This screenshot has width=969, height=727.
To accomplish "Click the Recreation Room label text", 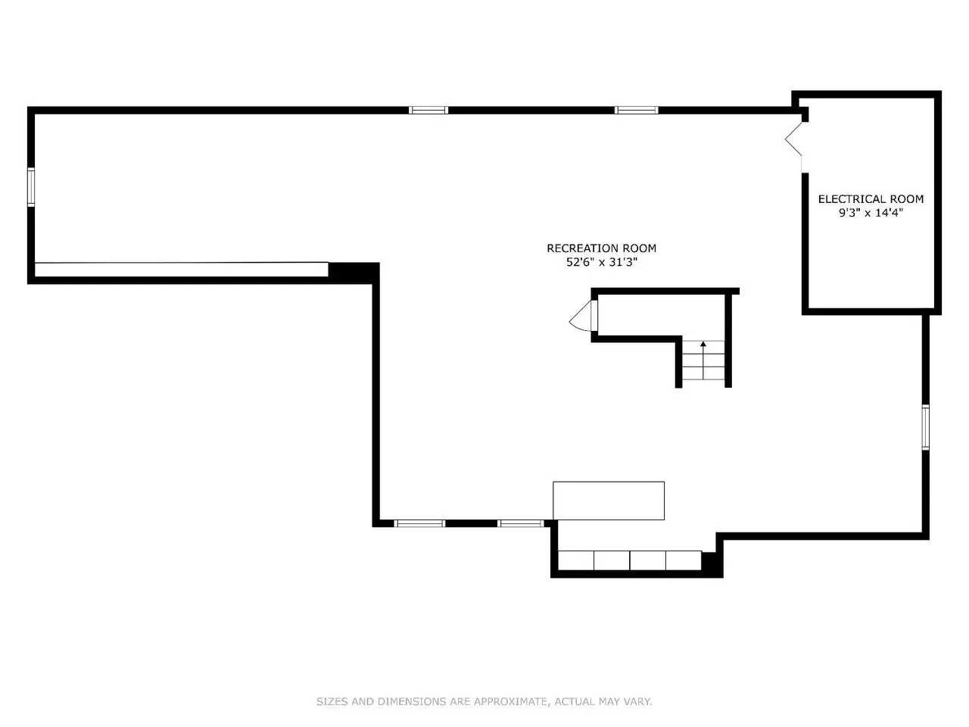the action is (601, 248).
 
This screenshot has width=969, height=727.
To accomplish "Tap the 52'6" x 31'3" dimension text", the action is (602, 262).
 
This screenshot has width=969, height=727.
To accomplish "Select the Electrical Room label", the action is (871, 199).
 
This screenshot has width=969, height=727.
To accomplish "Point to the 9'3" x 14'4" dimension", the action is (871, 213).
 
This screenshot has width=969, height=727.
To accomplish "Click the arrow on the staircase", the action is (703, 360).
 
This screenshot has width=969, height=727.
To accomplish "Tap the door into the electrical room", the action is (793, 139).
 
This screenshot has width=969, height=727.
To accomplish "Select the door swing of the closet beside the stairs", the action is (581, 316).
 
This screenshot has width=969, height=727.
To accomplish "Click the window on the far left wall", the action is (31, 187).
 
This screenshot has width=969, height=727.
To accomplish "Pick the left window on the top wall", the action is (428, 111).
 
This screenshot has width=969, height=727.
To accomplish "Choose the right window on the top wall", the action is (636, 111).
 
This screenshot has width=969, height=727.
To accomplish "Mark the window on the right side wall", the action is (925, 427).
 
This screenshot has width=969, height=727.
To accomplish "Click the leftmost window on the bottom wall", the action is (419, 523).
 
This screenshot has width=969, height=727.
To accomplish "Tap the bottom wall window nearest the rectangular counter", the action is (521, 523).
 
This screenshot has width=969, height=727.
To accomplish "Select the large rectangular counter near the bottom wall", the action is (609, 501).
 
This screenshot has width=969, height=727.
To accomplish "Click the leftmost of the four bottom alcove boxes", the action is (576, 560).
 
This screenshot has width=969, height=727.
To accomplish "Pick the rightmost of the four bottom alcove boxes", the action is (684, 560).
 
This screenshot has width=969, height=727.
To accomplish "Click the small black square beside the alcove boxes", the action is (709, 561).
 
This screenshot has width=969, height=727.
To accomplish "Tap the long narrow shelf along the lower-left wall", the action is (182, 270).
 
